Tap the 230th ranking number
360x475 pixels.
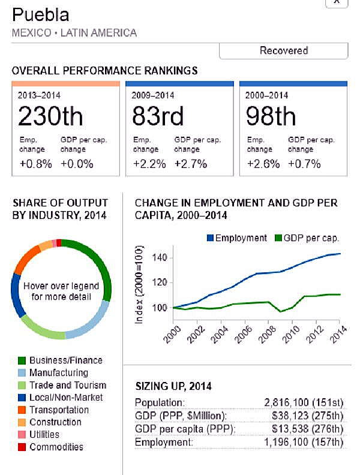point(50,116)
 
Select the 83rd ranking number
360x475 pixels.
point(158,116)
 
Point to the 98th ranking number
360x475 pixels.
point(271,116)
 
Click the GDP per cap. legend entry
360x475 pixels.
point(305,238)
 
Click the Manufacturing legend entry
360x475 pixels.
point(58,373)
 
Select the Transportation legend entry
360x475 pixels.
point(59,410)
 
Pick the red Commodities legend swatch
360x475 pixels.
point(22,447)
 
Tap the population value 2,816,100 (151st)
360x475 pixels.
point(304,402)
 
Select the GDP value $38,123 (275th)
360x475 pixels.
point(308,416)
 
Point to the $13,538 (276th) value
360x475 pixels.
point(308,429)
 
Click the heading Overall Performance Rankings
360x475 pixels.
point(104,71)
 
